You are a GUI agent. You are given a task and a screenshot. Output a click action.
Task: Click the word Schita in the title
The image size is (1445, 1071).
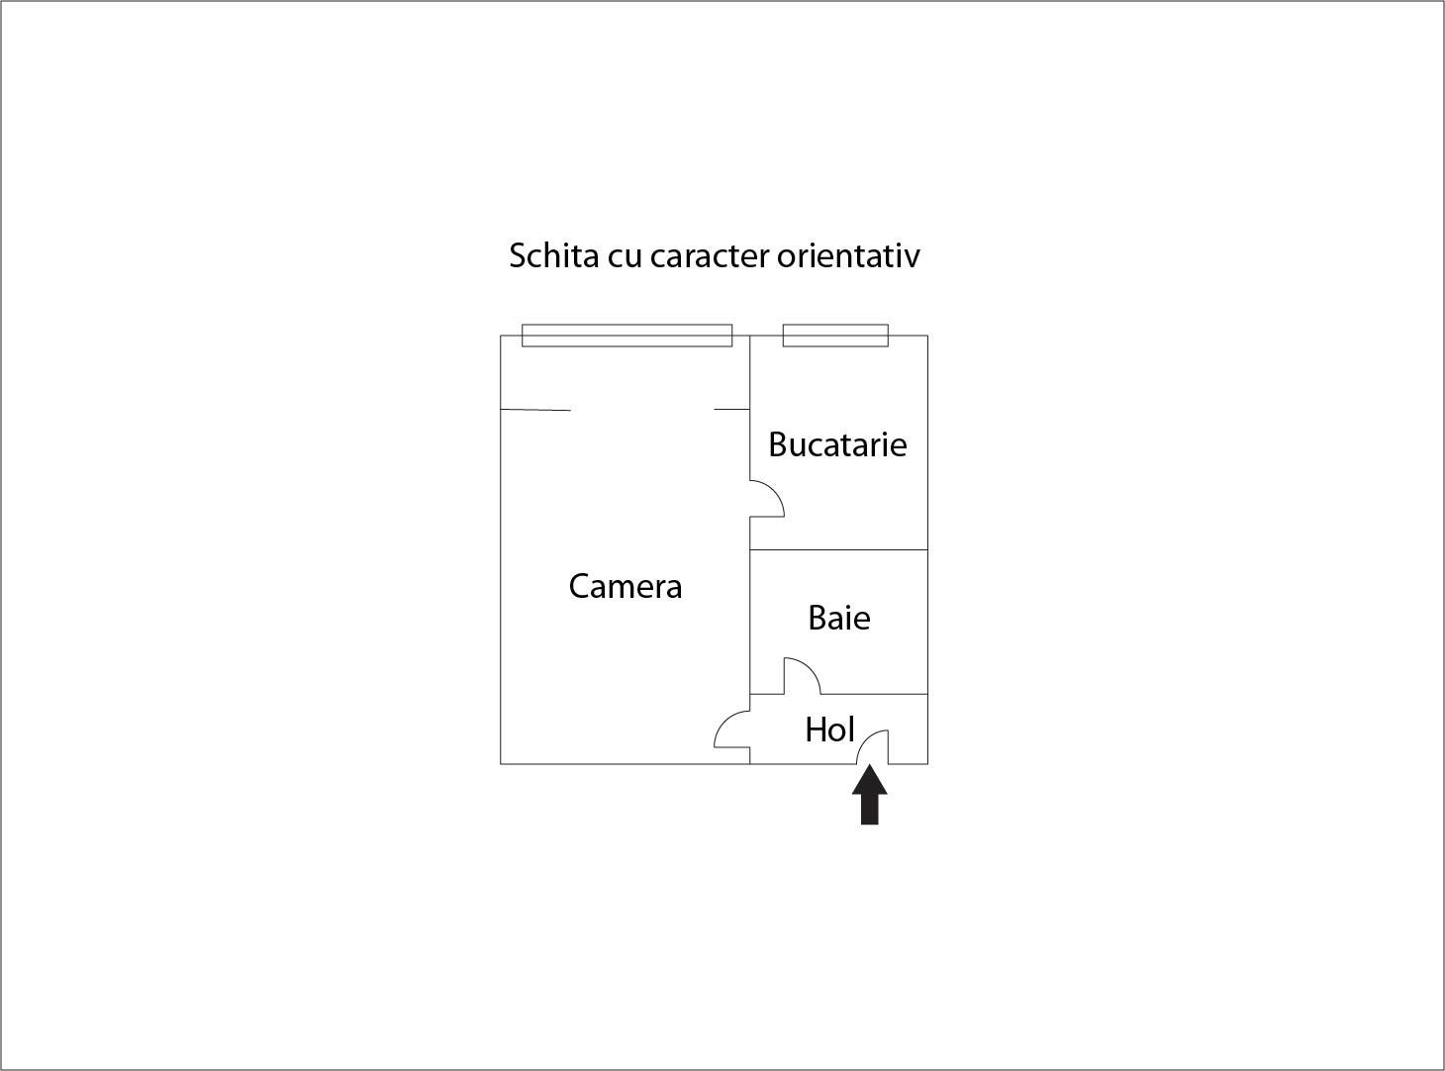[554, 254]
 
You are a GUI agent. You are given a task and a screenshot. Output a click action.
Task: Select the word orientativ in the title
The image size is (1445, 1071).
[849, 255]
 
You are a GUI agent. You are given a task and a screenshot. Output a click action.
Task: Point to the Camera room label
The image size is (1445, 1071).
[626, 586]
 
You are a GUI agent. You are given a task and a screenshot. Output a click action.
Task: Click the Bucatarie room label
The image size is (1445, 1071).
[838, 444]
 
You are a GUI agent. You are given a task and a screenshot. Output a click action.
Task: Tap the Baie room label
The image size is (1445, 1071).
[839, 618]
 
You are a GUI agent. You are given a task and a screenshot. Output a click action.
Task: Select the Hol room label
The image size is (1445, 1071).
[829, 730]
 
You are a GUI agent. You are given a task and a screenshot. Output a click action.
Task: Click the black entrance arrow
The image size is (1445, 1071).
[870, 795]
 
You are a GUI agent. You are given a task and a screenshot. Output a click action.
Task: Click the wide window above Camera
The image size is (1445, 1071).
[626, 335]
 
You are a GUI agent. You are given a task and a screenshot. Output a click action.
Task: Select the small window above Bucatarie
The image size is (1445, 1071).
[835, 335]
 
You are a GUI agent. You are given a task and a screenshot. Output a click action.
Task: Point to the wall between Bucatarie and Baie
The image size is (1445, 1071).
[838, 549]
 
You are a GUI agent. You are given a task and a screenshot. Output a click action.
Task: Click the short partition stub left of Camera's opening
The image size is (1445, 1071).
[535, 410]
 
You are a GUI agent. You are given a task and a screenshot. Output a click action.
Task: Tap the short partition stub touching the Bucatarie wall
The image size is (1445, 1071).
[731, 409]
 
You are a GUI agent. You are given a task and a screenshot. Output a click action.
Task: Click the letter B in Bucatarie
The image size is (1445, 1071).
[778, 444]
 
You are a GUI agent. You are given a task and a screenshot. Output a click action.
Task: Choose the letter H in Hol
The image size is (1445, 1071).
[816, 730]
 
